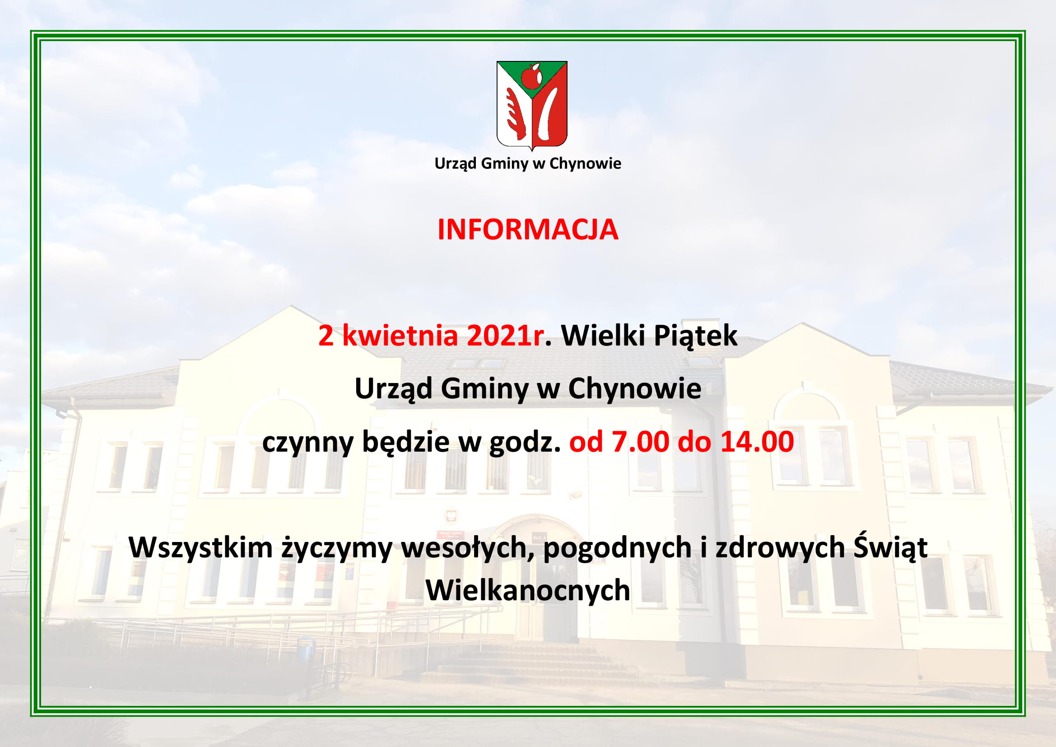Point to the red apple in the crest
click(532, 76)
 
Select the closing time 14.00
click(757, 442)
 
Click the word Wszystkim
click(201, 548)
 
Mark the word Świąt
click(890, 548)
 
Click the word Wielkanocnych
click(528, 590)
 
